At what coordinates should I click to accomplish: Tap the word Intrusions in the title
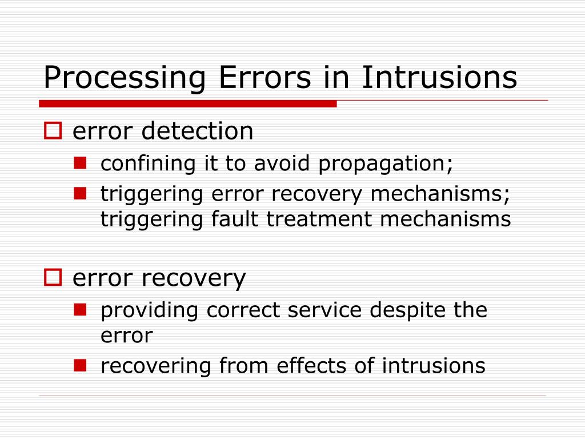pyautogui.click(x=439, y=78)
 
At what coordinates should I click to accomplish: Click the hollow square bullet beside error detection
pyautogui.click(x=53, y=131)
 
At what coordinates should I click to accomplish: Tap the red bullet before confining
pyautogui.click(x=80, y=163)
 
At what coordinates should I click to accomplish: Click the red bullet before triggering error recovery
pyautogui.click(x=80, y=194)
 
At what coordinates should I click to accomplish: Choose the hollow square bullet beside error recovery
pyautogui.click(x=53, y=278)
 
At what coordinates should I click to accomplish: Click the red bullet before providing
pyautogui.click(x=80, y=310)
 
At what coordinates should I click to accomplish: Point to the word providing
pyautogui.click(x=150, y=310)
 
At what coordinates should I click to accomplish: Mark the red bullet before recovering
pyautogui.click(x=80, y=365)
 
